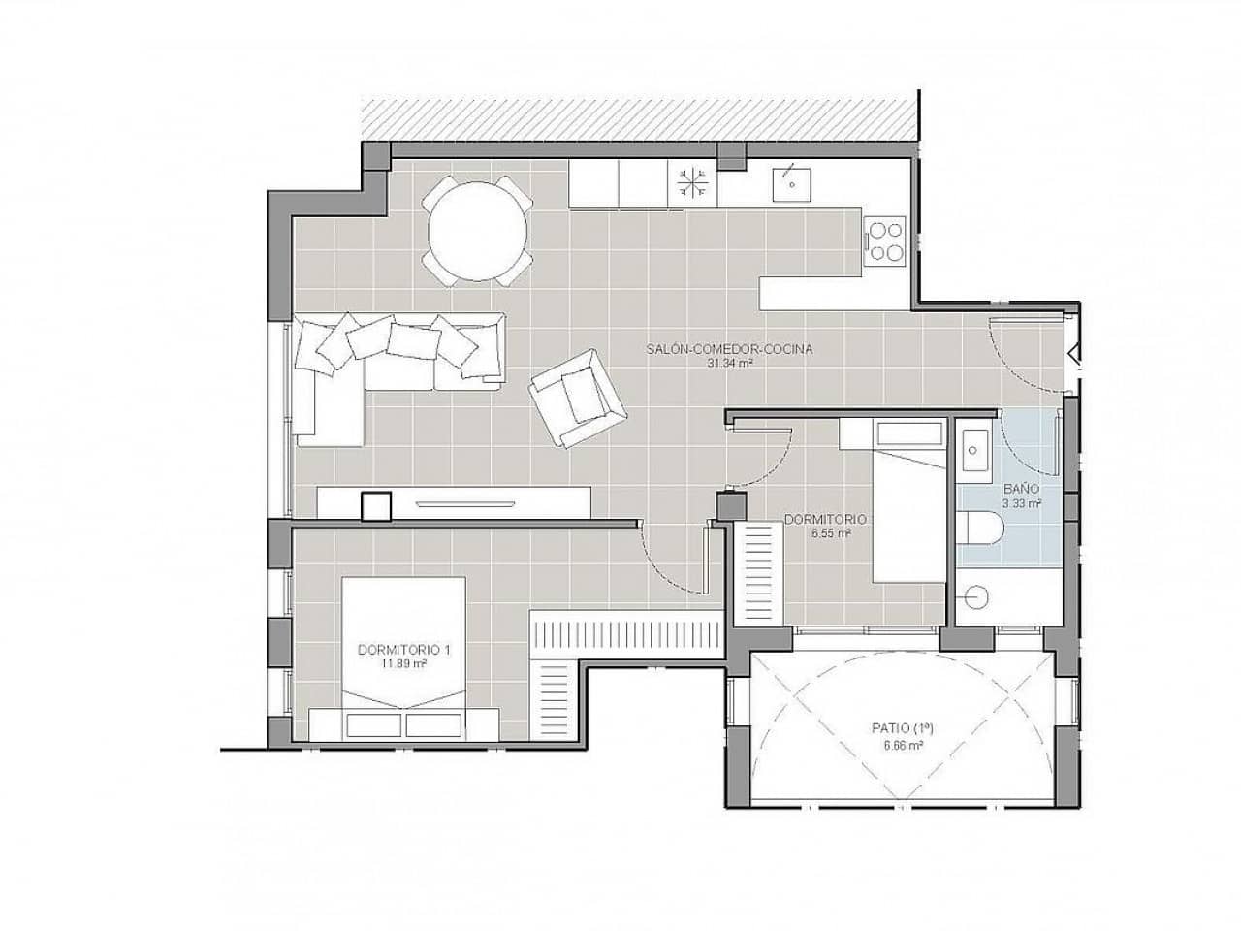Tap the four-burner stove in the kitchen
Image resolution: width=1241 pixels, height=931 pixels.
(x=884, y=240)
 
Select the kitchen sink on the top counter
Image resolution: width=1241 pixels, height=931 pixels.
(x=792, y=180)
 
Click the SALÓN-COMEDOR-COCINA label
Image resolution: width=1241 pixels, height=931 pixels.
(x=729, y=349)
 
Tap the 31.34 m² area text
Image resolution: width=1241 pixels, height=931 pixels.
(x=729, y=364)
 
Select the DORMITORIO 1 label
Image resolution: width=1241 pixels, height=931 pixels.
(x=404, y=650)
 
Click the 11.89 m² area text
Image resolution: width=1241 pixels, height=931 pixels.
(x=404, y=664)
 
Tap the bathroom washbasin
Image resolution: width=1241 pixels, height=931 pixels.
(x=972, y=449)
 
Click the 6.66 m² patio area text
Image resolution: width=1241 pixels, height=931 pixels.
(x=901, y=745)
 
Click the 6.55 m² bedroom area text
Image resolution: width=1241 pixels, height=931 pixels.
(x=830, y=533)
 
